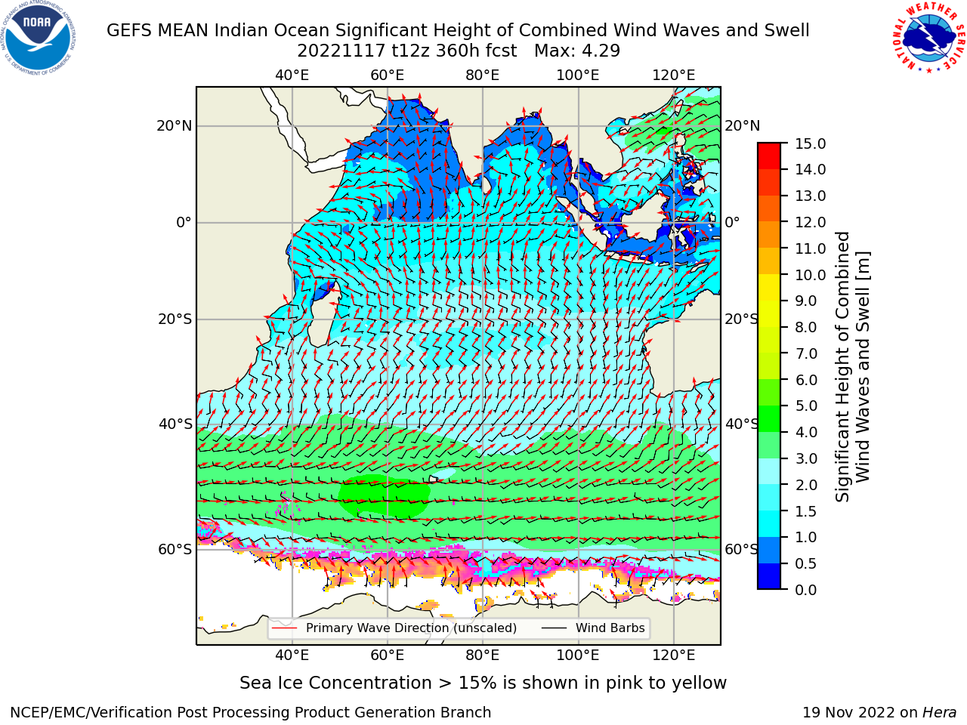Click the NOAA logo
39,39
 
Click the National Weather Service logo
929,37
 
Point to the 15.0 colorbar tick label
810,143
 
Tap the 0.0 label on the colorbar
806,590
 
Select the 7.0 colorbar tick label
806,353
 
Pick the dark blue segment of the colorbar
769,576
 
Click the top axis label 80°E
483,76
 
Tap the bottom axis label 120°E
674,656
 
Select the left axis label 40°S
175,424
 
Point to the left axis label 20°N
175,126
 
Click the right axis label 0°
732,222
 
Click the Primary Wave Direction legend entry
394,628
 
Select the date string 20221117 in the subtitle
341,51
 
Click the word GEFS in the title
128,30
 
